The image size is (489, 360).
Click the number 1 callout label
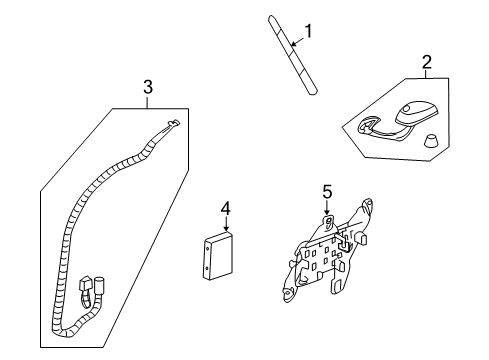coord(309,31)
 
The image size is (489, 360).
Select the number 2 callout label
coord(427,63)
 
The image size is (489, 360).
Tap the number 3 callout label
coord(148,88)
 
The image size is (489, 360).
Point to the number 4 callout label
coord(226,209)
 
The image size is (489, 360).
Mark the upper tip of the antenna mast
coord(271,17)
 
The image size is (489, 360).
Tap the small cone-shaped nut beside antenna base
coord(431,141)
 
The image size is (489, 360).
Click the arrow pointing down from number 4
coord(226,226)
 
